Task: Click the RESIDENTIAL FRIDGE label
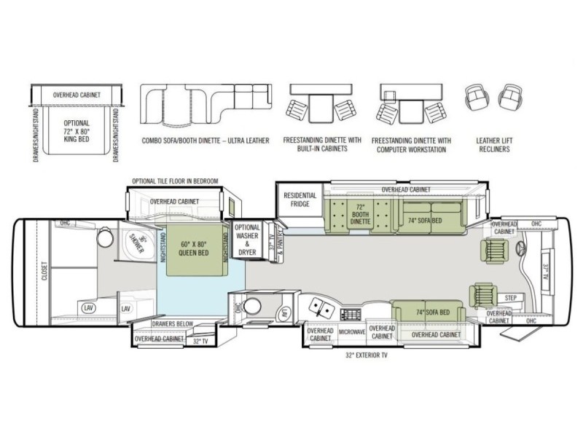(300, 200)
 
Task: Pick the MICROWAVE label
(352, 332)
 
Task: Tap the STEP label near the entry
(509, 298)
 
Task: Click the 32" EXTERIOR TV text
(370, 356)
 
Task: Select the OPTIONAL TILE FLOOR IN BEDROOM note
(174, 181)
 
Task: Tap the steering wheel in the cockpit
(522, 249)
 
